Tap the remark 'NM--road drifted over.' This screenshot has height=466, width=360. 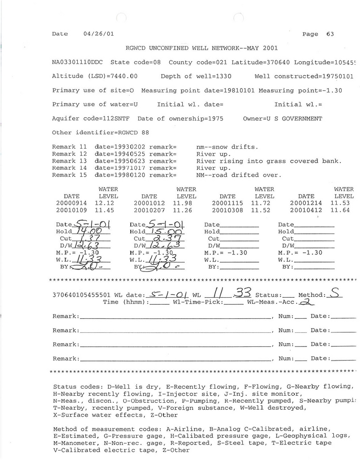239,175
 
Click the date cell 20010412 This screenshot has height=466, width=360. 306,210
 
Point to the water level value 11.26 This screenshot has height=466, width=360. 183,210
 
